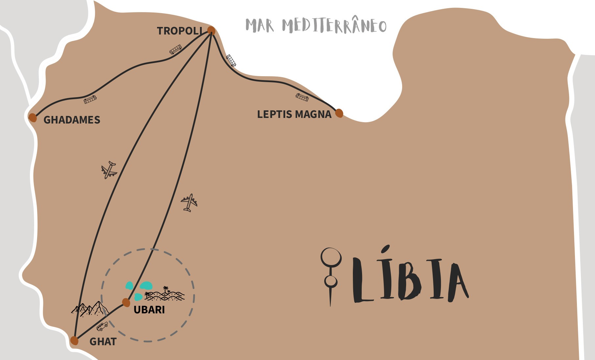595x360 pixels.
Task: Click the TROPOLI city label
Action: coord(180,31)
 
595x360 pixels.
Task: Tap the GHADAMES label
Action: coord(72,120)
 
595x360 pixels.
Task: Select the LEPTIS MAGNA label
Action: coord(294,114)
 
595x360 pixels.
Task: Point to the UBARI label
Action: coord(149,310)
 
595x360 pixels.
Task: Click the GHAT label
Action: coord(103,342)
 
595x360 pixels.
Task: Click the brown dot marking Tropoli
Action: coord(211,31)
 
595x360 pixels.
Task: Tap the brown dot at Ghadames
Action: coord(33,117)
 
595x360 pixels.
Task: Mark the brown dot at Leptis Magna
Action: coord(339,113)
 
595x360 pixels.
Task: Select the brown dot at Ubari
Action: coord(126,302)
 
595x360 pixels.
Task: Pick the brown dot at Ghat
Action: coord(75,341)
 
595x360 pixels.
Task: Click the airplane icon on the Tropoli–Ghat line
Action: coord(109,170)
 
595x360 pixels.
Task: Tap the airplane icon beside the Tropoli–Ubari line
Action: coord(189,202)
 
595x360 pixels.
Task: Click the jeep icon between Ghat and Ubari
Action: coord(102,326)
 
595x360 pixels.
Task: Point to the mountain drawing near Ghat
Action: coord(90,309)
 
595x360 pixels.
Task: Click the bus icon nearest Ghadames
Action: coord(90,100)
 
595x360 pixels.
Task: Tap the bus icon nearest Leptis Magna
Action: coord(302,97)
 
